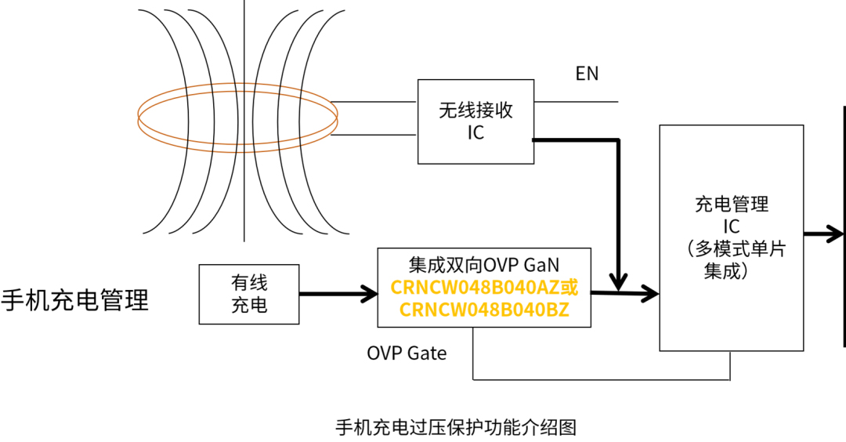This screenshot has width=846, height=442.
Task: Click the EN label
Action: [x=587, y=74]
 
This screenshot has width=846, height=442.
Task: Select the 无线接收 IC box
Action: [x=475, y=121]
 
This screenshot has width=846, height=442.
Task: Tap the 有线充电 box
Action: [x=249, y=294]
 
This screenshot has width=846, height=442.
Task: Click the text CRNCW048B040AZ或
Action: [x=484, y=288]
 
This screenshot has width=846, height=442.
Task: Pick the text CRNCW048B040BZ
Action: [x=484, y=310]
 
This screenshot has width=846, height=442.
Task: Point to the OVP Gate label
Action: [x=407, y=353]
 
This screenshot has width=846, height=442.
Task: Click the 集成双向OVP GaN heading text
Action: [x=484, y=264]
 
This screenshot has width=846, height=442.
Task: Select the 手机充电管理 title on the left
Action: [x=74, y=300]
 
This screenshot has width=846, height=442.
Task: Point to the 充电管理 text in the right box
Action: [x=732, y=205]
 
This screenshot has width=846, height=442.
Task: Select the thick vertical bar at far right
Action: [x=844, y=227]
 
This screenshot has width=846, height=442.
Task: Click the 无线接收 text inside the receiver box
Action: [x=475, y=110]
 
